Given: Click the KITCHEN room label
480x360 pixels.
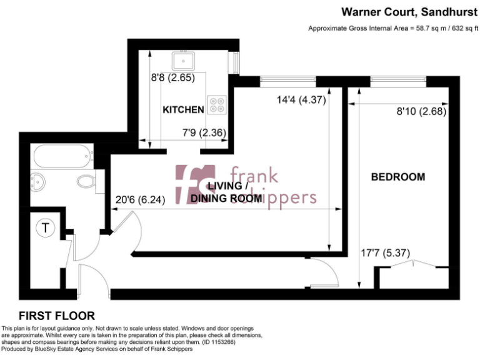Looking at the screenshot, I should (183, 110).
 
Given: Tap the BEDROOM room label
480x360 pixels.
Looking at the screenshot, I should (398, 177).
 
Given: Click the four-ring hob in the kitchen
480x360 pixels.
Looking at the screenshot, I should (217, 105).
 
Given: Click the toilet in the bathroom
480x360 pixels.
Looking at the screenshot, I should (85, 182).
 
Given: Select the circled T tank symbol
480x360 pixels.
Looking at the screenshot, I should (45, 228).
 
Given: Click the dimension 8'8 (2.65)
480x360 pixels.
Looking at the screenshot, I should (169, 79).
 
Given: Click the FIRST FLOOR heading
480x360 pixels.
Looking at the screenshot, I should (57, 316).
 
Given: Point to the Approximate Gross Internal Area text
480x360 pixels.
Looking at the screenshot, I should (392, 29).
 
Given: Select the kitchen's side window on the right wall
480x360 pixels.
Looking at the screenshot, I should (236, 63).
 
